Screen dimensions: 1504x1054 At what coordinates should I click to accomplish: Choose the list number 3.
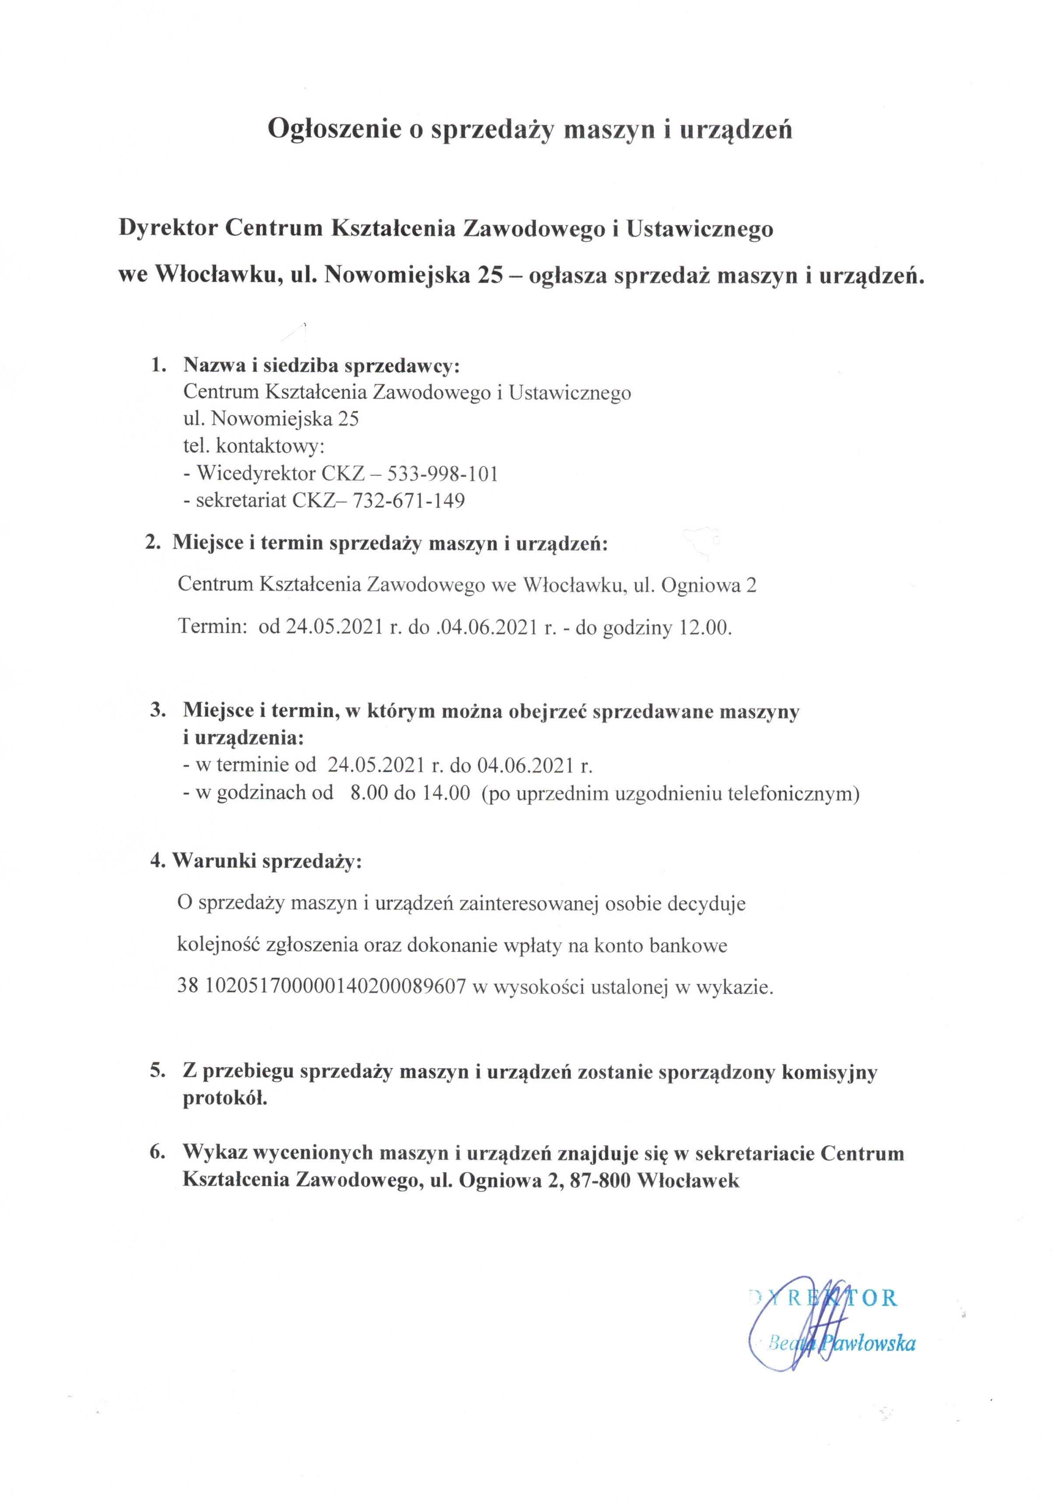tap(157, 710)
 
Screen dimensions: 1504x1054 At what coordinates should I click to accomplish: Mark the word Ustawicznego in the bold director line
tap(700, 228)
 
